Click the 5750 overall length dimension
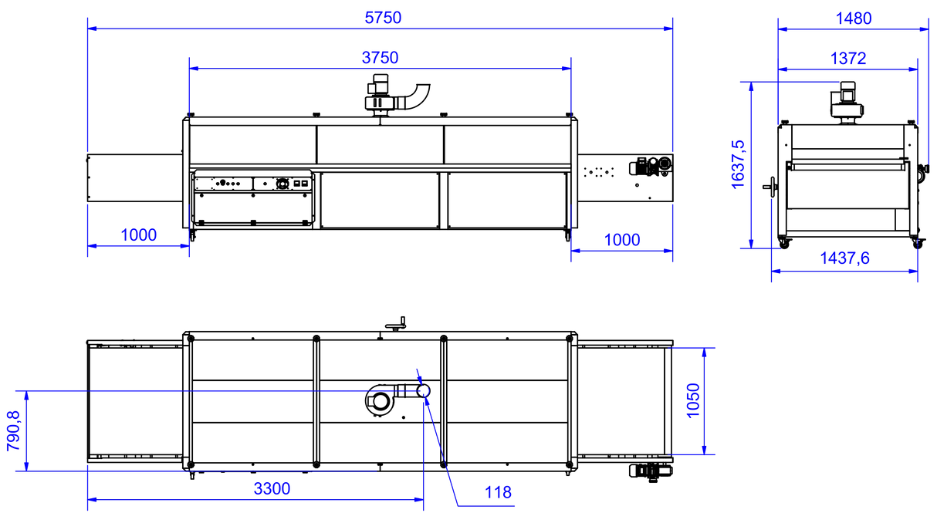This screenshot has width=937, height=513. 383,18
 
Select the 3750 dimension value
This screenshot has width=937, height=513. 380,58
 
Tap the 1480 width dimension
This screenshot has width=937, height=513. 854,19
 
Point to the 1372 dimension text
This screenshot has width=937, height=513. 848,58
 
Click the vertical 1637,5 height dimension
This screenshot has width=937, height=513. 738,164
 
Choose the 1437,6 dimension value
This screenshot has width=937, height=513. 844,258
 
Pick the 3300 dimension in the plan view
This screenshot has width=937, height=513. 272,488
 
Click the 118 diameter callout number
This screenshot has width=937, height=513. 498,492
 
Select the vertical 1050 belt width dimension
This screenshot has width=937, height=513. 693,400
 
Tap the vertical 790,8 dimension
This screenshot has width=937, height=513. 14,430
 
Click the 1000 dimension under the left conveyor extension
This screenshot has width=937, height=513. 138,235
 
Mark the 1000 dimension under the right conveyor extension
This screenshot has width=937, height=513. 622,240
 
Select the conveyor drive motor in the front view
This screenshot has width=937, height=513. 651,167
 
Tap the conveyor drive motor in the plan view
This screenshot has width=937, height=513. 651,472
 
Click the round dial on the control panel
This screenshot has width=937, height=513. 282,183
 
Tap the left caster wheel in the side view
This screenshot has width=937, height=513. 784,243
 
